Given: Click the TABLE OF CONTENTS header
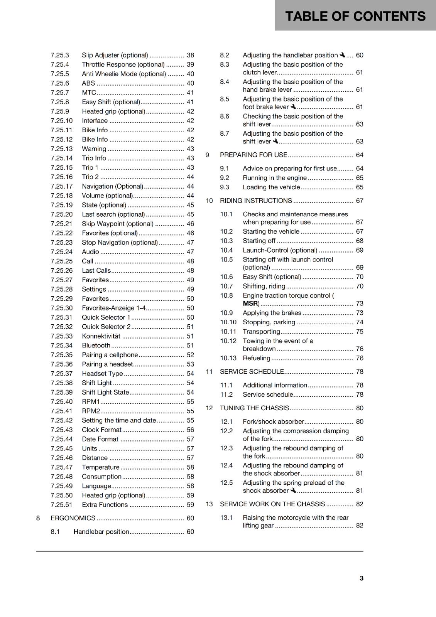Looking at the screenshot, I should (x=355, y=16).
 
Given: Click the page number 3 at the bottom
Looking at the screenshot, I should (x=361, y=578).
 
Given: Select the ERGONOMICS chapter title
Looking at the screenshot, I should (x=73, y=518).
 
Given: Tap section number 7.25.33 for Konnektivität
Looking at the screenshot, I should (x=61, y=336).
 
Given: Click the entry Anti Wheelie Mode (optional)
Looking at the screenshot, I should (x=124, y=74).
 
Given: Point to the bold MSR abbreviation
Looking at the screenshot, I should (x=250, y=303).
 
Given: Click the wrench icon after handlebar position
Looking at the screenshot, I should (x=342, y=55).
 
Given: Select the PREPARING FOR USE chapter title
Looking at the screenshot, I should (x=253, y=155).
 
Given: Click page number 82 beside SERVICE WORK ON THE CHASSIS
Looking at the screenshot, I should (x=360, y=504).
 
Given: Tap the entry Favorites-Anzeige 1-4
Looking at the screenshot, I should (x=113, y=308).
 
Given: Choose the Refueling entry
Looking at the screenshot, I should (x=256, y=358).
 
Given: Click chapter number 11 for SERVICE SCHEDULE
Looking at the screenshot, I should (x=209, y=371).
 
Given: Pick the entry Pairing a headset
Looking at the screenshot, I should (x=107, y=364).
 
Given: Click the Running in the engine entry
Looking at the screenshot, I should (x=274, y=178).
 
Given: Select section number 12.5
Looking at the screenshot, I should (x=226, y=482).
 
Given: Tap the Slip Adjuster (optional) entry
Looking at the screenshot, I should (x=115, y=55).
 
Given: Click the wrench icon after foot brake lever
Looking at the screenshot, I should (x=293, y=107).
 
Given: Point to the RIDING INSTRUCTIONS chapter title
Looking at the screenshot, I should (x=256, y=201).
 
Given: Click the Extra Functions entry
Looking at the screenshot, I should (x=105, y=504).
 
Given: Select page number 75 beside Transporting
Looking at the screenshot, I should (x=360, y=332).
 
